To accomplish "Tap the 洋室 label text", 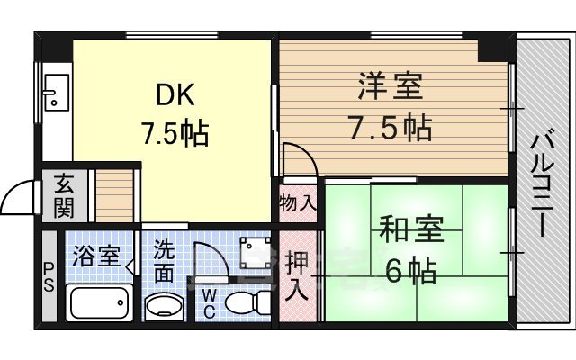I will tap(390, 89).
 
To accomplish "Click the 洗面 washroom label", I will tap(164, 257).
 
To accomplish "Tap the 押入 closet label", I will tap(298, 276).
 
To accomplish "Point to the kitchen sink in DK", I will tap(53, 92).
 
